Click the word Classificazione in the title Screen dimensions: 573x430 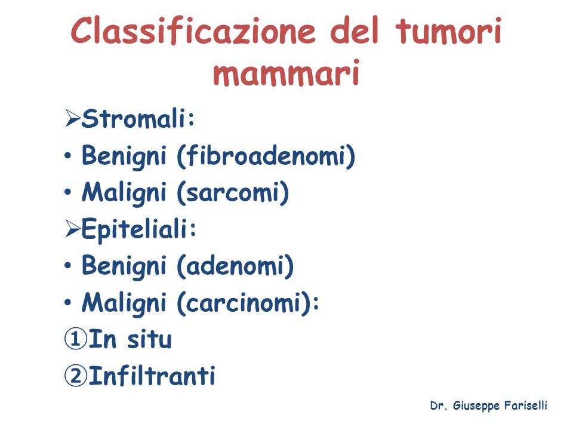tap(193, 31)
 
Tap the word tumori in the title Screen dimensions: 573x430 tap(448, 31)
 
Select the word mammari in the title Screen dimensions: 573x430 tap(286, 73)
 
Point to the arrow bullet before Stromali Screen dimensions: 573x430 tap(73, 118)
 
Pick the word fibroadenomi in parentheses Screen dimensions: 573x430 tap(266, 156)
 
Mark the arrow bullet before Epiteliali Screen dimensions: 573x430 tap(73, 229)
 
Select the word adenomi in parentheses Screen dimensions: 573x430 tap(235, 266)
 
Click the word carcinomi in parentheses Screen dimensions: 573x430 tap(245, 303)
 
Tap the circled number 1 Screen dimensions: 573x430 tap(76, 339)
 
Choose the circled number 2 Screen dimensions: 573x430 tap(76, 376)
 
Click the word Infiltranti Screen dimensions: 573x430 tap(152, 376)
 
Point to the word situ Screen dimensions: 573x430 tap(149, 339)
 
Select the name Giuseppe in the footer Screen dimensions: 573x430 tap(476, 406)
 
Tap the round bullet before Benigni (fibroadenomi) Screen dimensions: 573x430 tap(67, 156)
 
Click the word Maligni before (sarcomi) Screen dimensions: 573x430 tap(124, 193)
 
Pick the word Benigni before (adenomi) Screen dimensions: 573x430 tap(124, 266)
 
